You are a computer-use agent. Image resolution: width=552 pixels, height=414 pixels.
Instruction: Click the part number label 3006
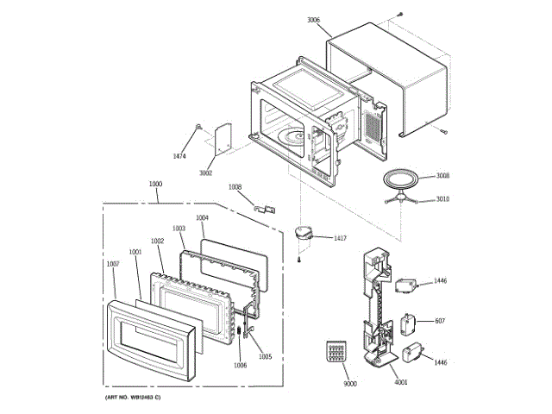tap(313, 19)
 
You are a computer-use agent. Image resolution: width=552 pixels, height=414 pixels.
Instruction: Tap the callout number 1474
tap(179, 156)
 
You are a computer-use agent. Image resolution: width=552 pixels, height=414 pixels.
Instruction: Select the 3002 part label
tap(205, 173)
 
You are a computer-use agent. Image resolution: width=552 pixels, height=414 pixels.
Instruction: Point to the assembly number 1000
tap(155, 184)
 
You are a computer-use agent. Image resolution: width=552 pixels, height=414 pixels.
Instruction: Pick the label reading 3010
tap(442, 199)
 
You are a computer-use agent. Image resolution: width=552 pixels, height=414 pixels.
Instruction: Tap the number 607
tap(439, 321)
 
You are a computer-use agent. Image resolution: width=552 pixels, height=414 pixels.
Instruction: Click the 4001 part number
tap(400, 383)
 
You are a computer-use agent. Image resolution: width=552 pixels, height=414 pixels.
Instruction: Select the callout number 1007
tap(112, 264)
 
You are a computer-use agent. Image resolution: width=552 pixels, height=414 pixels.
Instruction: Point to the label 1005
tap(265, 356)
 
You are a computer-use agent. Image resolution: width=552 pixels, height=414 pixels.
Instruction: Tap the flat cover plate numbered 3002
tap(221, 136)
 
